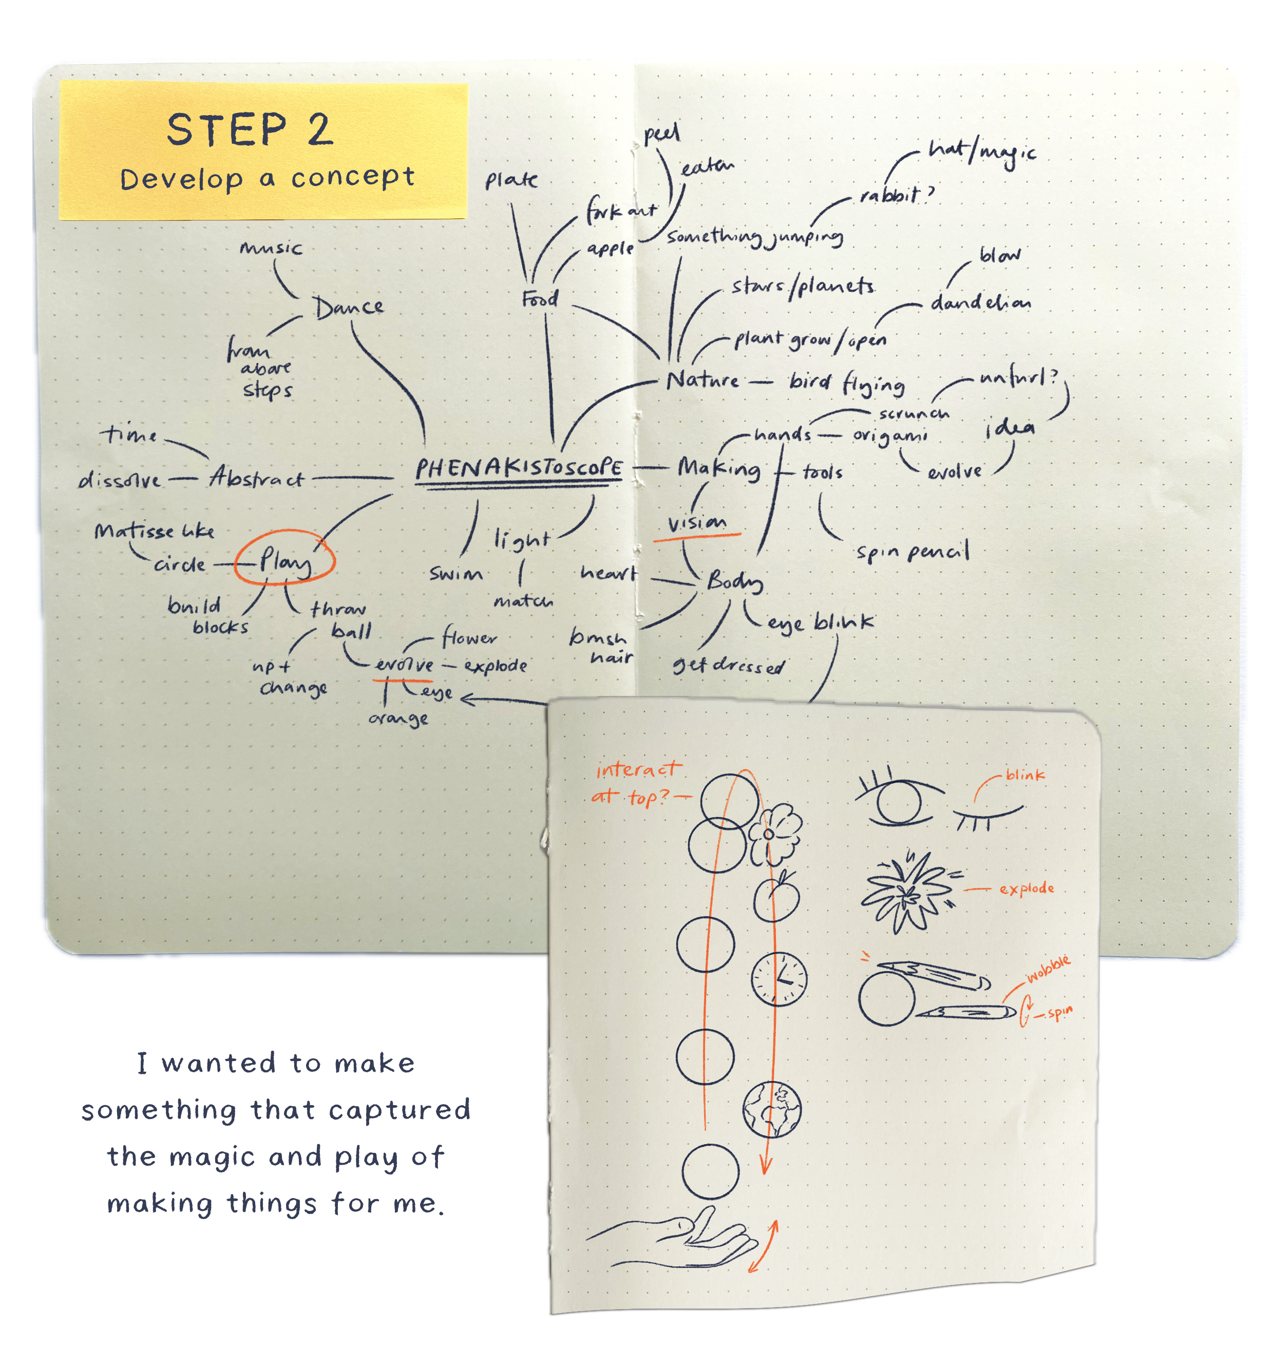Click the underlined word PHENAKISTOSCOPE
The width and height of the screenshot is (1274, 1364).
point(518,468)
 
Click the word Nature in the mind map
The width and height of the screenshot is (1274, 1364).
point(702,380)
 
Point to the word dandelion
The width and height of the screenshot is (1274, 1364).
point(980,302)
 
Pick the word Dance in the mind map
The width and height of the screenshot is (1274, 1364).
point(349,308)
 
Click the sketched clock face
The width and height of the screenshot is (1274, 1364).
point(778,978)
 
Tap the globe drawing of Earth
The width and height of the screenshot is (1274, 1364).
point(772,1109)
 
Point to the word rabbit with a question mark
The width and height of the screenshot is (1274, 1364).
point(896,196)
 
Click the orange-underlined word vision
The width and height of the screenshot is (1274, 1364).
point(696,523)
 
